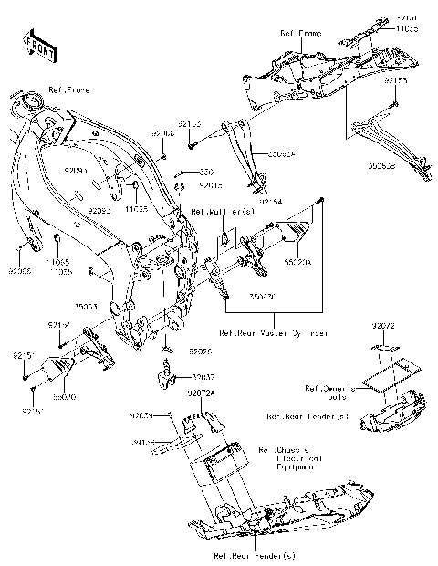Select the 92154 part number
[x=270, y=201]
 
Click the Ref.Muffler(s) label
[x=209, y=212]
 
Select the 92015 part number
[x=210, y=184]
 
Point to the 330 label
[x=206, y=171]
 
